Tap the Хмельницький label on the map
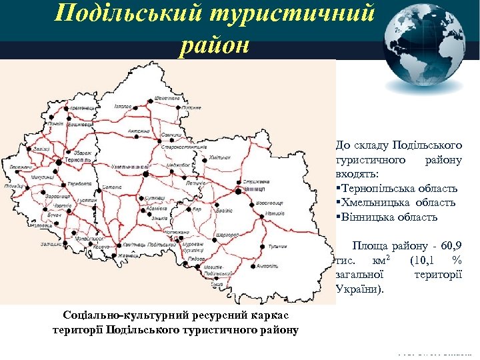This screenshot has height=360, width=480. (127, 164)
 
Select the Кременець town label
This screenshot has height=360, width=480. (83, 108)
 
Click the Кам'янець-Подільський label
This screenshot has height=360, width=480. (142, 247)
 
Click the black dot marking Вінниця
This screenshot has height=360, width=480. (238, 191)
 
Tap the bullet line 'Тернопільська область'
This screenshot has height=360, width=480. (399, 189)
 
